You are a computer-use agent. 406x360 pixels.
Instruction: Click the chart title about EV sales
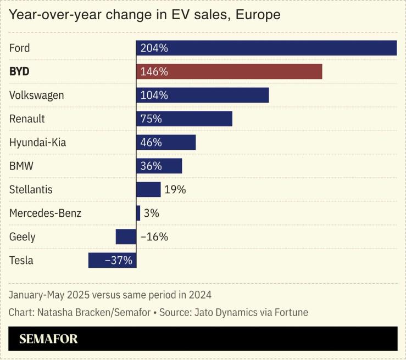[x=144, y=15]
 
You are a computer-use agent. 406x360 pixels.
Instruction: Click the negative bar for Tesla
[x=112, y=260]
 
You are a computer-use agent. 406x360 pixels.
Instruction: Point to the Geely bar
[x=126, y=237]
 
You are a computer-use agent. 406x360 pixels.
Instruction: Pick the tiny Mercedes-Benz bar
[x=138, y=213]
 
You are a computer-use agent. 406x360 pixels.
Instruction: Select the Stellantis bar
[x=148, y=189]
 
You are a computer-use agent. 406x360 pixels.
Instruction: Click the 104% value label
[x=154, y=95]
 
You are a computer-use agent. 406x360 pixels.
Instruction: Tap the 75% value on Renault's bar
[x=151, y=119]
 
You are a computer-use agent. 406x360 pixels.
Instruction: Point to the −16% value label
[x=154, y=237]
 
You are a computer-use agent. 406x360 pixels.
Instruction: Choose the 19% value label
[x=175, y=189]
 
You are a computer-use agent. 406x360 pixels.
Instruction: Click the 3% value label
[x=152, y=213]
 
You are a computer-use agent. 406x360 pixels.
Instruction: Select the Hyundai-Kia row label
[x=38, y=143]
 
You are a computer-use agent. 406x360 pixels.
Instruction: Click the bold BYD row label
[x=19, y=71]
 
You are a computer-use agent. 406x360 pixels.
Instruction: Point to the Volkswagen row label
[x=37, y=95]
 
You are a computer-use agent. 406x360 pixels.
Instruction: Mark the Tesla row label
[x=21, y=260]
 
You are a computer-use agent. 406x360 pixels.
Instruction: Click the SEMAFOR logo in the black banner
[x=48, y=339]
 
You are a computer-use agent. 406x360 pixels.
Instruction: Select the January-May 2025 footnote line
[x=110, y=294]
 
